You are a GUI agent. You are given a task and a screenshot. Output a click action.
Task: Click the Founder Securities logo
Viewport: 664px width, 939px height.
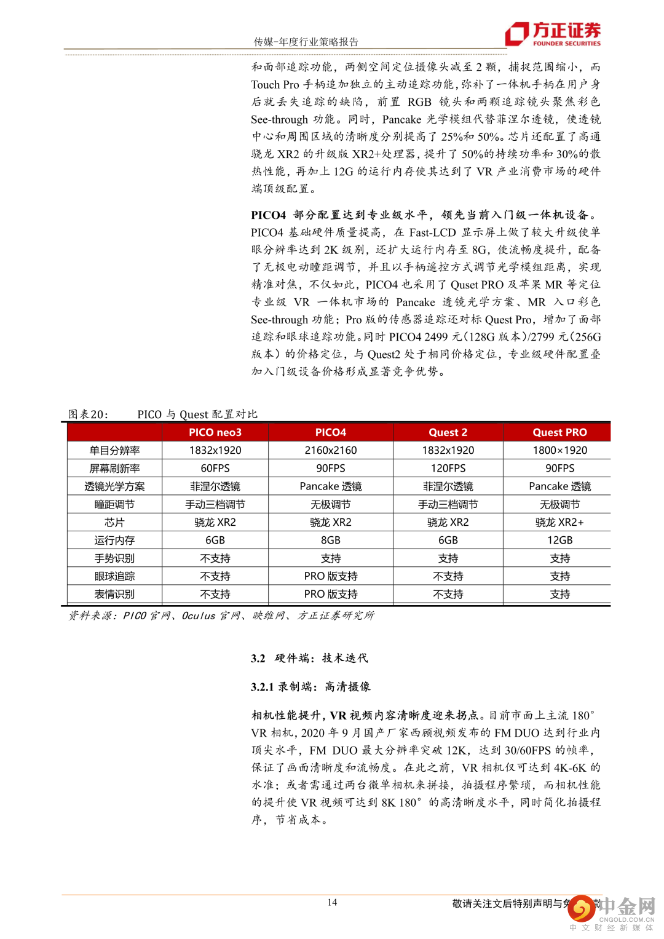point(553,34)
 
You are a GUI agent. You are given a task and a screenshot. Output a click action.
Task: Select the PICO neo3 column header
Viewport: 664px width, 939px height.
point(215,432)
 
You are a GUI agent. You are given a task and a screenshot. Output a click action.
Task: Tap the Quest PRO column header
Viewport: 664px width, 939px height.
point(559,432)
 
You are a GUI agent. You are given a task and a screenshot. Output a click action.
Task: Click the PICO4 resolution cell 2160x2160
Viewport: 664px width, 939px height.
point(331,450)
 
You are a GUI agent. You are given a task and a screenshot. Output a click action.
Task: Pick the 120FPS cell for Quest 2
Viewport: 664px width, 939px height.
point(448,468)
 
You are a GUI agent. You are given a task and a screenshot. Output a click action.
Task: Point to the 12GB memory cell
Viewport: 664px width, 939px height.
point(559,540)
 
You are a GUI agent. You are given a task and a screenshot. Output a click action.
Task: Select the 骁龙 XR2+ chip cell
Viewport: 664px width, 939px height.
point(559,522)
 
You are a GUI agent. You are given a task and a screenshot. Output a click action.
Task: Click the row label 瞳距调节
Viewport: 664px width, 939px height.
point(114,504)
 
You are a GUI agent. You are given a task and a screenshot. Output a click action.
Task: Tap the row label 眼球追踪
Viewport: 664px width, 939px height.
point(114,576)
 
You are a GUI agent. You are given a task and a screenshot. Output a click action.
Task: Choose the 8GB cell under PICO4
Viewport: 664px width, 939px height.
point(331,540)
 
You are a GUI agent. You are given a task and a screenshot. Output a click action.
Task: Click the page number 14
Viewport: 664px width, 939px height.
point(332,902)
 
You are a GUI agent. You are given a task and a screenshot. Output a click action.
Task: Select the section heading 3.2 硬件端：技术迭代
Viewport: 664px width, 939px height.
point(309,658)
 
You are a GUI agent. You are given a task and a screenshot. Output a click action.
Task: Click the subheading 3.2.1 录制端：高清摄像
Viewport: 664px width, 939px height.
point(310,687)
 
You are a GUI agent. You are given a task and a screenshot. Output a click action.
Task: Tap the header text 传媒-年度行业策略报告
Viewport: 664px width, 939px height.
point(306,42)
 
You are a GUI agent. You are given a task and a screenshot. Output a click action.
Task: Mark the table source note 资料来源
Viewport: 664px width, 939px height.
point(92,616)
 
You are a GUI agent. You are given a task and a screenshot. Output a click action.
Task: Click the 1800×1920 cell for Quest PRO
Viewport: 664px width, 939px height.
point(559,450)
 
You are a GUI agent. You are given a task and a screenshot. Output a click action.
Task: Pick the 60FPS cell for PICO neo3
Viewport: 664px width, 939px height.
point(215,468)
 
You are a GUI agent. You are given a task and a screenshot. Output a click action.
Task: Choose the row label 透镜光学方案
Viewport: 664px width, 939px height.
point(114,486)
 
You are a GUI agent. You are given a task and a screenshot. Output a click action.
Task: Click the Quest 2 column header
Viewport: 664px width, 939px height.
point(448,432)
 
